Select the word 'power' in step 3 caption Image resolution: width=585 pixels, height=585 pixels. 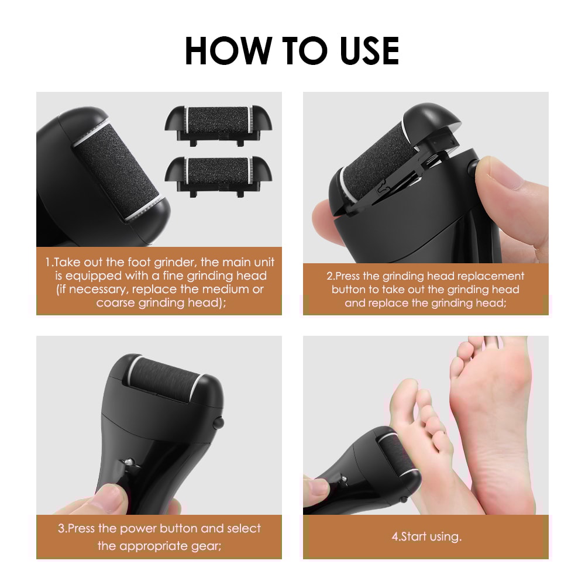[x=135, y=529]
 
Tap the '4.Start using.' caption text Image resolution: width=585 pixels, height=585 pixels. [x=426, y=536]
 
